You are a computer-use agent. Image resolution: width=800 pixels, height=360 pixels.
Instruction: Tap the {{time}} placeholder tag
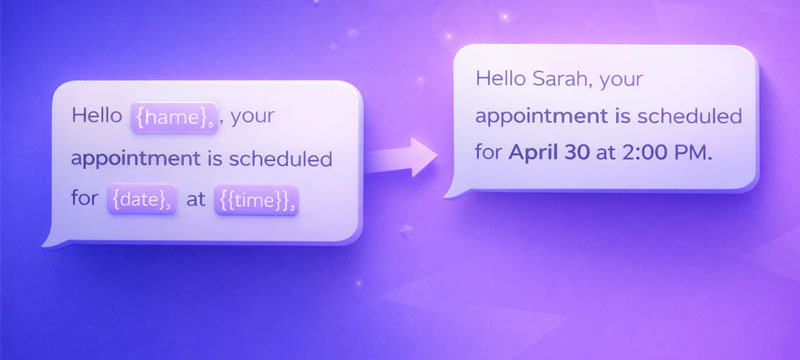point(256,199)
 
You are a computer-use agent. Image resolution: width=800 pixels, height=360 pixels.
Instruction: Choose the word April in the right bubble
point(536,153)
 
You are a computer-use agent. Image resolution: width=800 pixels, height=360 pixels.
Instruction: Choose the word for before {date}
point(85,199)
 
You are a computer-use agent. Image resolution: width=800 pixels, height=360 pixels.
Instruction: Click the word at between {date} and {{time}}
point(196,199)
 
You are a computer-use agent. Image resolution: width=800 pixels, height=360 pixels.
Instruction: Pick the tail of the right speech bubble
point(456,187)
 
